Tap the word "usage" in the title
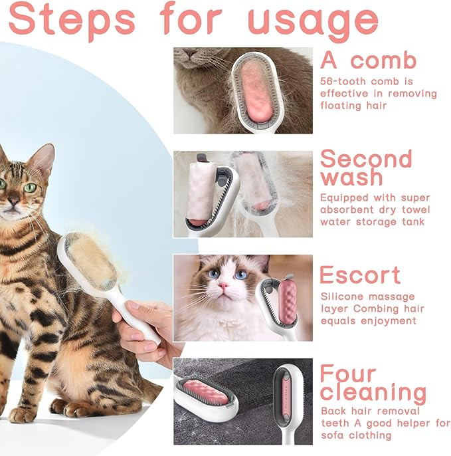point(313,23)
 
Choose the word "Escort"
point(360,275)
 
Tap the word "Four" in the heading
point(348,374)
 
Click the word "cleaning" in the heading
point(373,393)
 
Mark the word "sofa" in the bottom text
point(333,435)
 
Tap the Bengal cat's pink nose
point(13,200)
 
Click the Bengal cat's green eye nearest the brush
point(29,187)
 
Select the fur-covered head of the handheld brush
point(91,260)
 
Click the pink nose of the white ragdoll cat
point(223,286)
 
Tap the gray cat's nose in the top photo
point(191,53)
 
